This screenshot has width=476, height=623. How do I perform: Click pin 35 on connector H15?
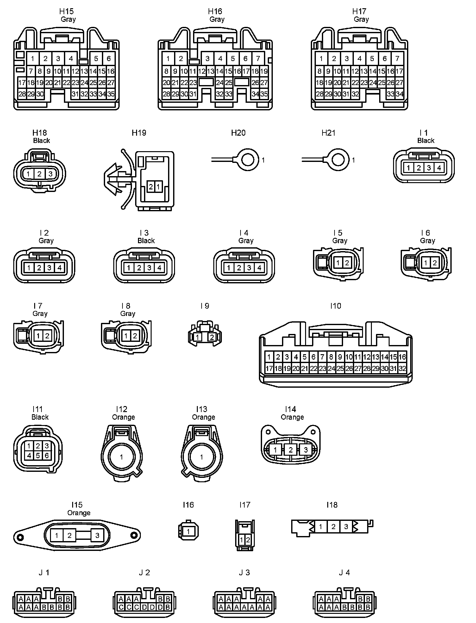111,94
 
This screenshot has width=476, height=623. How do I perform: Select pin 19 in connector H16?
264,71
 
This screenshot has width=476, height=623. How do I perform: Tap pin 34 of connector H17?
399,94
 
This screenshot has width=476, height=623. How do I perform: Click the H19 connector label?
139,133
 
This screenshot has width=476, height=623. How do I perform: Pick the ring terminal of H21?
338,160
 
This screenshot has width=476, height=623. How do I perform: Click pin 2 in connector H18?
39,174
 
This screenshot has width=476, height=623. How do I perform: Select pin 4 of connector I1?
439,168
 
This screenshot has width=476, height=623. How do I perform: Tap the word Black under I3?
146,241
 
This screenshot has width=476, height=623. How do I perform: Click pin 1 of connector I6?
426,262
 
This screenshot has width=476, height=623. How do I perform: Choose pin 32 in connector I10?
402,368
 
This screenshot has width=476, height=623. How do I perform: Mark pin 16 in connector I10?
402,357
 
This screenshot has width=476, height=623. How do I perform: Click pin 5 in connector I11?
38,456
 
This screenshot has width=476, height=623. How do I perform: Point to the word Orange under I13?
204,417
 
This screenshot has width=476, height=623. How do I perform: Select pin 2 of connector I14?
291,450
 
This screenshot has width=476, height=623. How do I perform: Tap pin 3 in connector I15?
97,535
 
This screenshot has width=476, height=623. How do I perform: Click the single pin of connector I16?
189,531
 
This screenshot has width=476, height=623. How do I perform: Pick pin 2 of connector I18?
333,527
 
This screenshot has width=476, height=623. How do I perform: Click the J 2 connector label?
144,573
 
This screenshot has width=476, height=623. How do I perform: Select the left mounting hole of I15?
21,537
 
